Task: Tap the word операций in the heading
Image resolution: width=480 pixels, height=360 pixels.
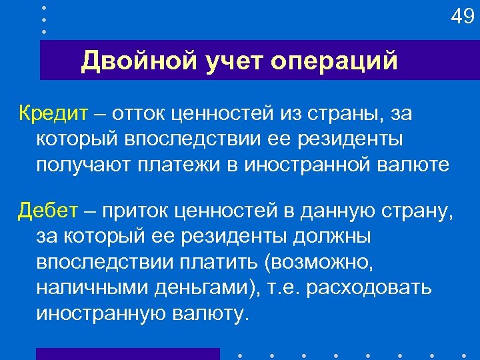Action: click(335, 62)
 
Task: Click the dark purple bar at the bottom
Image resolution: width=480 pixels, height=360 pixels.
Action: click(127, 354)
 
